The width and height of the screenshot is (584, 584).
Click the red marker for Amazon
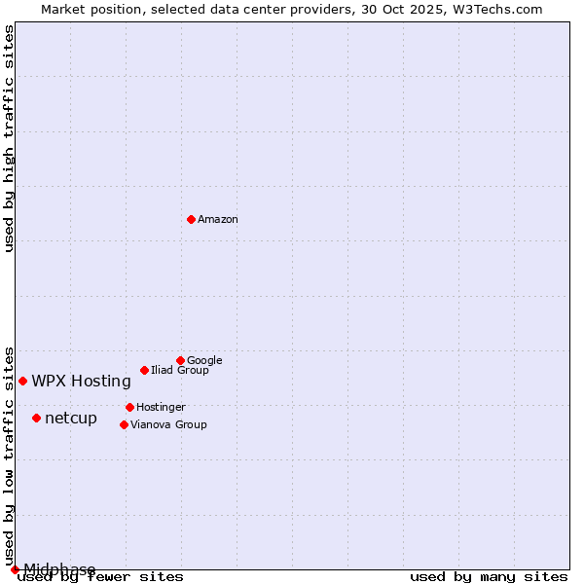[191, 219]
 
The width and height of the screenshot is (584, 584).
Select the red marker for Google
[180, 360]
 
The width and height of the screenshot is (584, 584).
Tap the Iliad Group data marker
[144, 370]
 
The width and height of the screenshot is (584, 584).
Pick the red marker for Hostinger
[129, 407]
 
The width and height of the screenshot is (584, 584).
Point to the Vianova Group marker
[124, 424]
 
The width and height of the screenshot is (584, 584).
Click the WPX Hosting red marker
[22, 381]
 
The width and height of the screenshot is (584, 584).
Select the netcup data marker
[36, 418]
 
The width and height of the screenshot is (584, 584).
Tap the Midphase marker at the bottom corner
[15, 569]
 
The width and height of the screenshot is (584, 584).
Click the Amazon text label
[218, 220]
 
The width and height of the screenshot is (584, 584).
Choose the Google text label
[204, 360]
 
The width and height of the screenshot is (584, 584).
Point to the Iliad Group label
[180, 370]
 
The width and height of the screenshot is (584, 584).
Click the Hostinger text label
[161, 407]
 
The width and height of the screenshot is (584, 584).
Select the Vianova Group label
[168, 424]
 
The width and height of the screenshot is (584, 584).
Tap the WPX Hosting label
[81, 382]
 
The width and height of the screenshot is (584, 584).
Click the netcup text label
[71, 419]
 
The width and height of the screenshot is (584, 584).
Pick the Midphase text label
[59, 569]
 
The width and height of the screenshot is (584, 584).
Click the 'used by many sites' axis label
[489, 577]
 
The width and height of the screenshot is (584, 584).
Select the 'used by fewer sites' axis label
[101, 577]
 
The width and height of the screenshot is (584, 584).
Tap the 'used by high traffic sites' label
[9, 138]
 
